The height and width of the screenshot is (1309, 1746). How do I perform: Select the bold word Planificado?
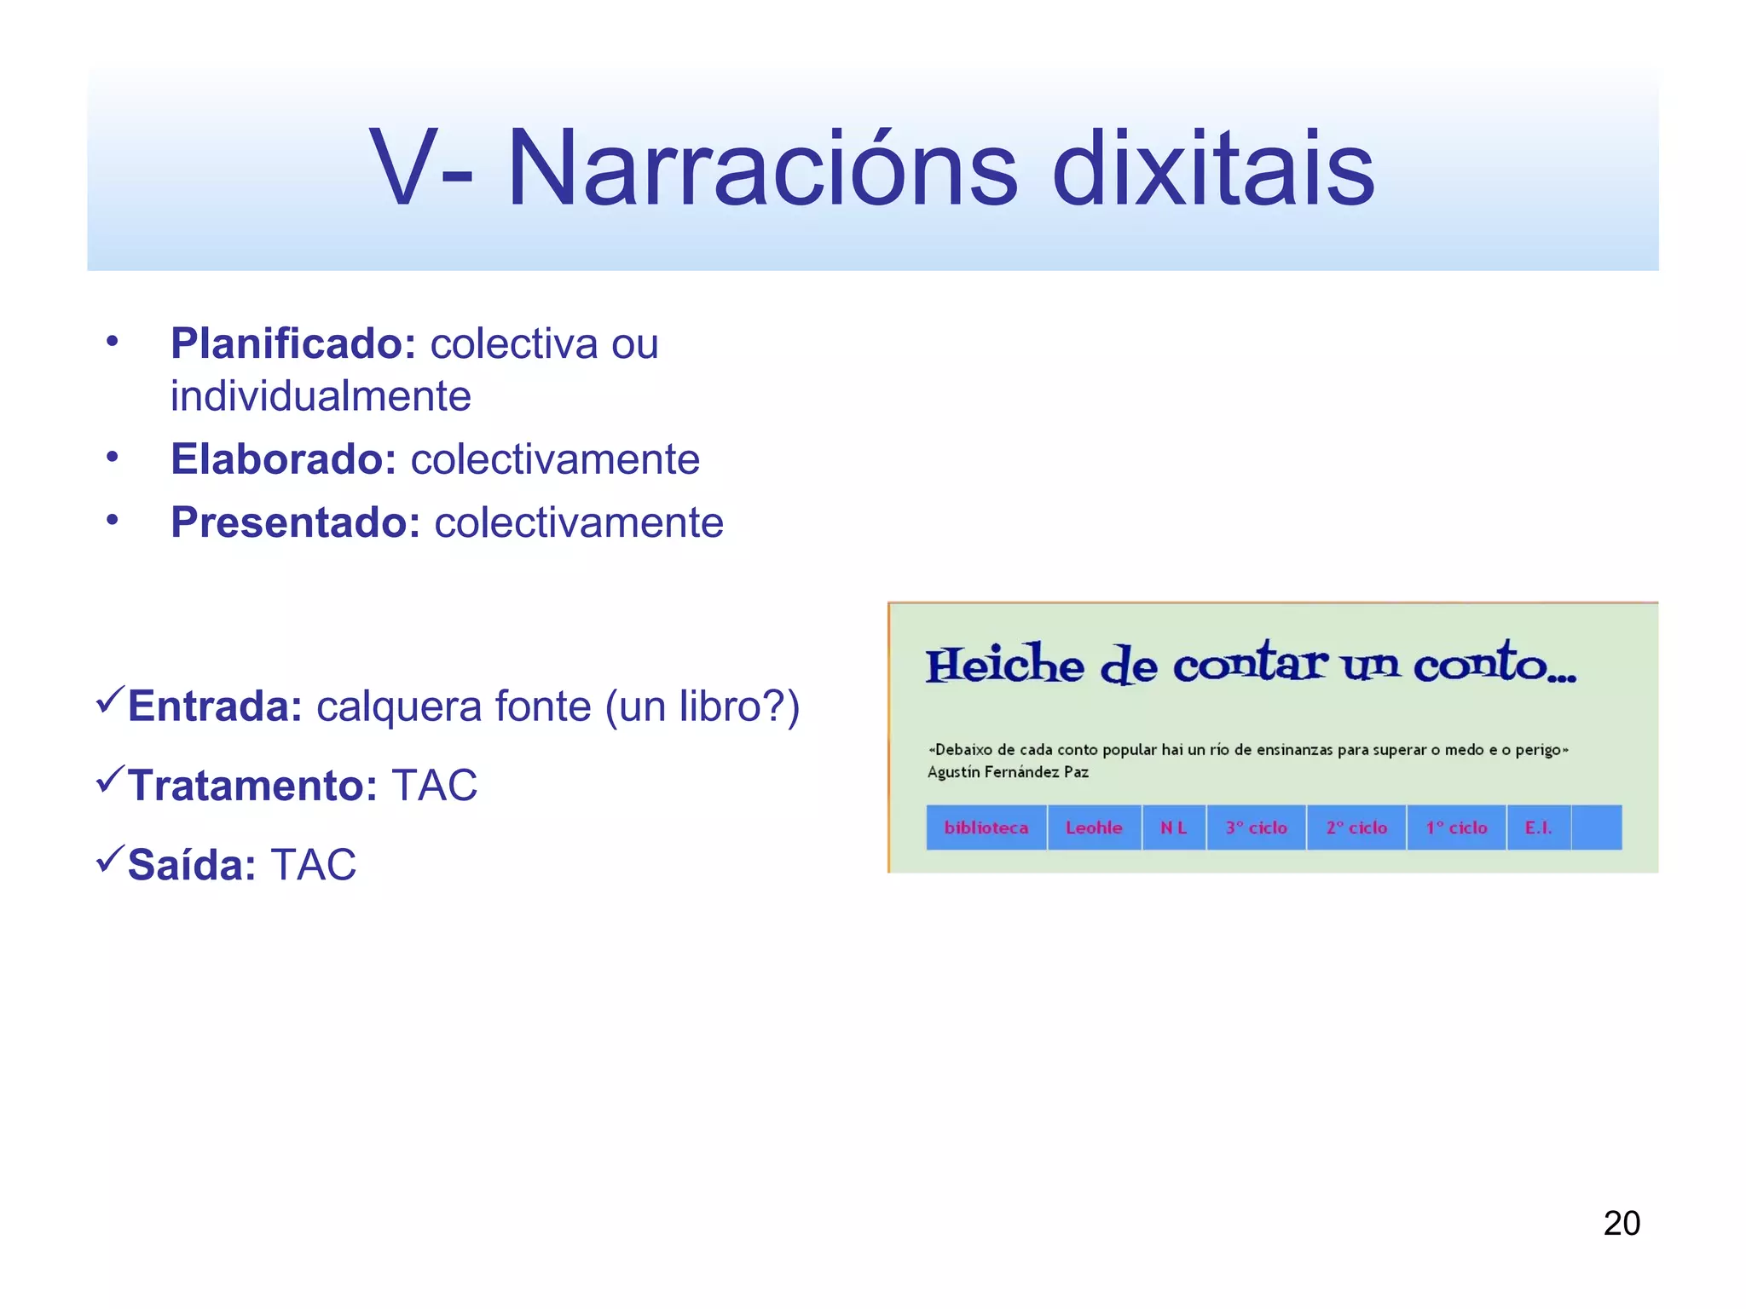click(292, 343)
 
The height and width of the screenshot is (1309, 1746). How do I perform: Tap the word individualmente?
click(321, 396)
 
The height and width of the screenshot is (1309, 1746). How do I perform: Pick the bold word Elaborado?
click(283, 459)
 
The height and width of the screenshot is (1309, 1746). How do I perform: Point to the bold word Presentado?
click(295, 522)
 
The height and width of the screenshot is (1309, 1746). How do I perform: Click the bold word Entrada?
click(215, 706)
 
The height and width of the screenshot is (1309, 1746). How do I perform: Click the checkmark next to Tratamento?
click(111, 779)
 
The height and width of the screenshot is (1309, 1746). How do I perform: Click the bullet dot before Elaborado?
click(112, 457)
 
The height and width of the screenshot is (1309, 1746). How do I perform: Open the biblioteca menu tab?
click(986, 827)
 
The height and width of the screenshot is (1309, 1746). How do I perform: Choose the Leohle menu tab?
click(1094, 827)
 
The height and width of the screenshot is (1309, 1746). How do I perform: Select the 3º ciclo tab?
click(1256, 827)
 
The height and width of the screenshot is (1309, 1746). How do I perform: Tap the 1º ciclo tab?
click(1456, 827)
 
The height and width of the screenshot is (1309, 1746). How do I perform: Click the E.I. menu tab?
click(1538, 827)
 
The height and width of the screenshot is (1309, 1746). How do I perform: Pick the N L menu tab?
click(1173, 827)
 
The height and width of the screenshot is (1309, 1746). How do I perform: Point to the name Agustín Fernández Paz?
click(1008, 772)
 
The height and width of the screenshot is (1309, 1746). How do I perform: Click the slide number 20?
click(1622, 1223)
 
